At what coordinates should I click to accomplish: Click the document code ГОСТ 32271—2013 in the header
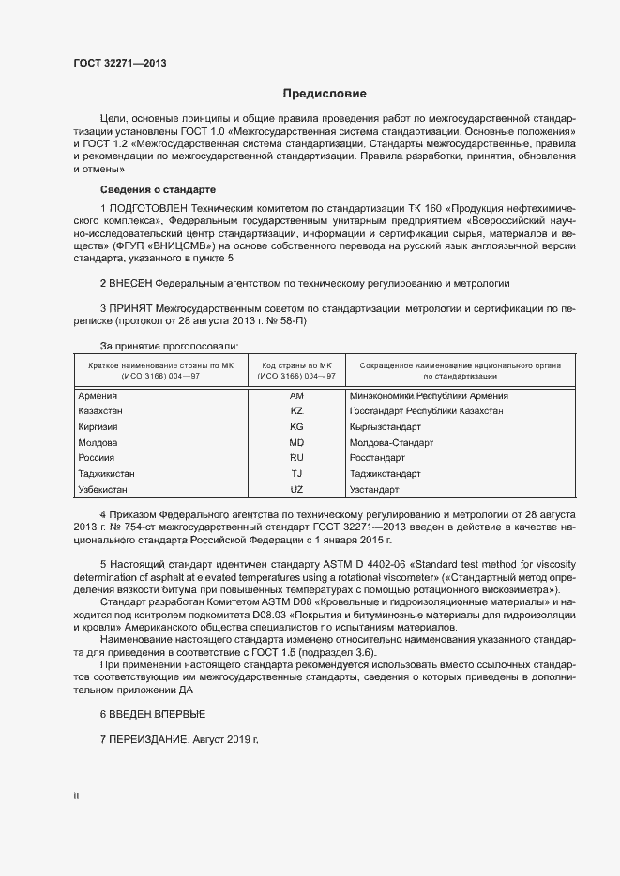(x=121, y=64)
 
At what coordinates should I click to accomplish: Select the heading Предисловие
(x=325, y=94)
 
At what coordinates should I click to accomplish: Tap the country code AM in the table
(x=297, y=396)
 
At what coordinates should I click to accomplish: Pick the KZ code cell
(x=297, y=411)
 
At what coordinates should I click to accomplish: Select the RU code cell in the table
(x=297, y=458)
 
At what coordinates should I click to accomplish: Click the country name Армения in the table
(x=98, y=396)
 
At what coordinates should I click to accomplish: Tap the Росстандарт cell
(x=377, y=458)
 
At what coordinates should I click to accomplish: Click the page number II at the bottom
(x=77, y=796)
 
